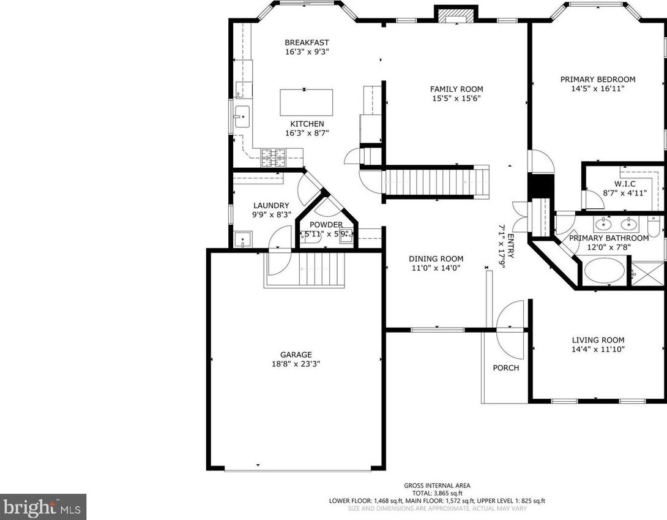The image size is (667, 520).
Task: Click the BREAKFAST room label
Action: pos(307,43)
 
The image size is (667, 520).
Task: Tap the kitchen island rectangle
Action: pos(307,102)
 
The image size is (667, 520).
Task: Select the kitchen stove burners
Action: pos(273,157)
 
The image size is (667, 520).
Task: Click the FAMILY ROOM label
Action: pos(456,89)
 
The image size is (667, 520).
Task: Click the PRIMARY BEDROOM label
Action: pos(598,79)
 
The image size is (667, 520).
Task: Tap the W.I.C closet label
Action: pos(625,184)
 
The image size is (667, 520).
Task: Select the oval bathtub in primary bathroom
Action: pos(605,271)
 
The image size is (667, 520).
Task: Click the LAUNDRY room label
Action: pos(271,205)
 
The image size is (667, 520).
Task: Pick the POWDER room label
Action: pos(326,224)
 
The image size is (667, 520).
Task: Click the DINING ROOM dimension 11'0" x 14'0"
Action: pos(436,268)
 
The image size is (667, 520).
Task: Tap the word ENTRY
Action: pos(510,246)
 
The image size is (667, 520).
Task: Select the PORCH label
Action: pos(506,367)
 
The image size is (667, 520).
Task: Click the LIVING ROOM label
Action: pos(598,340)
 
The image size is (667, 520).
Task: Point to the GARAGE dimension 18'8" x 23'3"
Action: pos(296,364)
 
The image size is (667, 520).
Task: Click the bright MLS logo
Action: pos(43,507)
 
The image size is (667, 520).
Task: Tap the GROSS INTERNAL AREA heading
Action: pos(437,486)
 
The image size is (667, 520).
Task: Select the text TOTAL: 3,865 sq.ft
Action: pos(437,493)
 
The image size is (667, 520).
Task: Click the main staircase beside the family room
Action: pos(437,182)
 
